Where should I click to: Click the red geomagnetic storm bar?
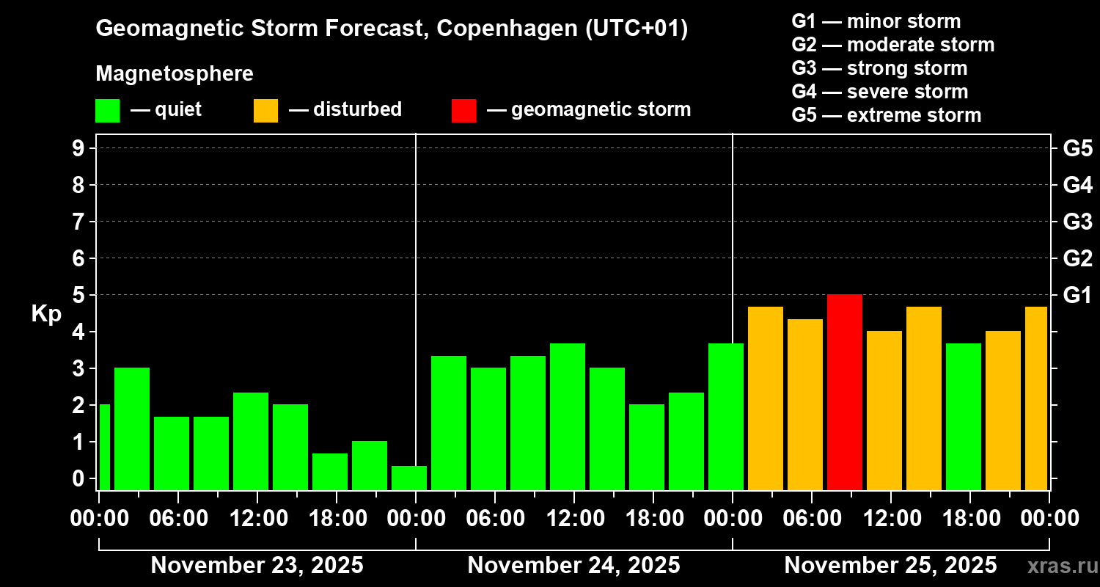844,392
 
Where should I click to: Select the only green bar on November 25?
963,416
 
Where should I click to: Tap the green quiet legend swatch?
107,110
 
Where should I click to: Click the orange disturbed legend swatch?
265,110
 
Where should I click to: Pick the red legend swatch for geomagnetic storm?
463,110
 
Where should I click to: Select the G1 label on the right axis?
1077,295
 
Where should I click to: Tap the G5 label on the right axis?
1077,148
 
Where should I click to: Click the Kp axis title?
46,313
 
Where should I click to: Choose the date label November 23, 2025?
257,566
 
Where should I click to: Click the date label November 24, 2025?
573,566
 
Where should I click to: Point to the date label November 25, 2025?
890,566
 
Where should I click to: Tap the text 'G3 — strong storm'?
879,68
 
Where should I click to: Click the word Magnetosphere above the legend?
175,74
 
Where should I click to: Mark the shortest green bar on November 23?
408,478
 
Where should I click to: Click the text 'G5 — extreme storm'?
886,115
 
